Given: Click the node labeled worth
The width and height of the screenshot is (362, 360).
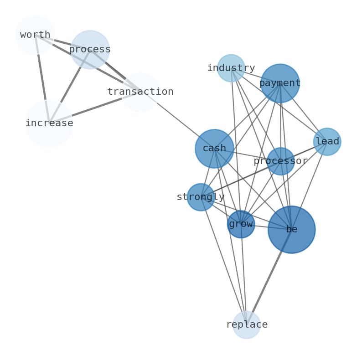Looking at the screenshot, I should coord(35,35).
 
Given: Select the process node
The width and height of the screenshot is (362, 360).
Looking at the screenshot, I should coord(90,50).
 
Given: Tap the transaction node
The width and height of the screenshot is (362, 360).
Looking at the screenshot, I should coord(140,92).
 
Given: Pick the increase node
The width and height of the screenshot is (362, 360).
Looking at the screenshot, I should coord(49,123).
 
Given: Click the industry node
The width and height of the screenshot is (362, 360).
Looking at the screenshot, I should coord(231,68).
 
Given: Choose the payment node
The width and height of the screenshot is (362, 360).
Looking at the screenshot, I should coord(280,83).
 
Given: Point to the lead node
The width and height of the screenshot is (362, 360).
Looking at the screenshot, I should coord(327,142).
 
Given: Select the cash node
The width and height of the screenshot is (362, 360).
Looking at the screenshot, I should coord(214,149).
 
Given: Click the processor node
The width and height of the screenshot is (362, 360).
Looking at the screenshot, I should coord(280,161).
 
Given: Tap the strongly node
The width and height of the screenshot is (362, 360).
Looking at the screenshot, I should coord(201,197).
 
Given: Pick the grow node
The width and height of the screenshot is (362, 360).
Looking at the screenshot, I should coord(241,224).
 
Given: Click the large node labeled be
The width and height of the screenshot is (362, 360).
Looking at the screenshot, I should coord(291,230).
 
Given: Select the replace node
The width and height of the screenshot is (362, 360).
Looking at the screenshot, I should coord(247,325).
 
